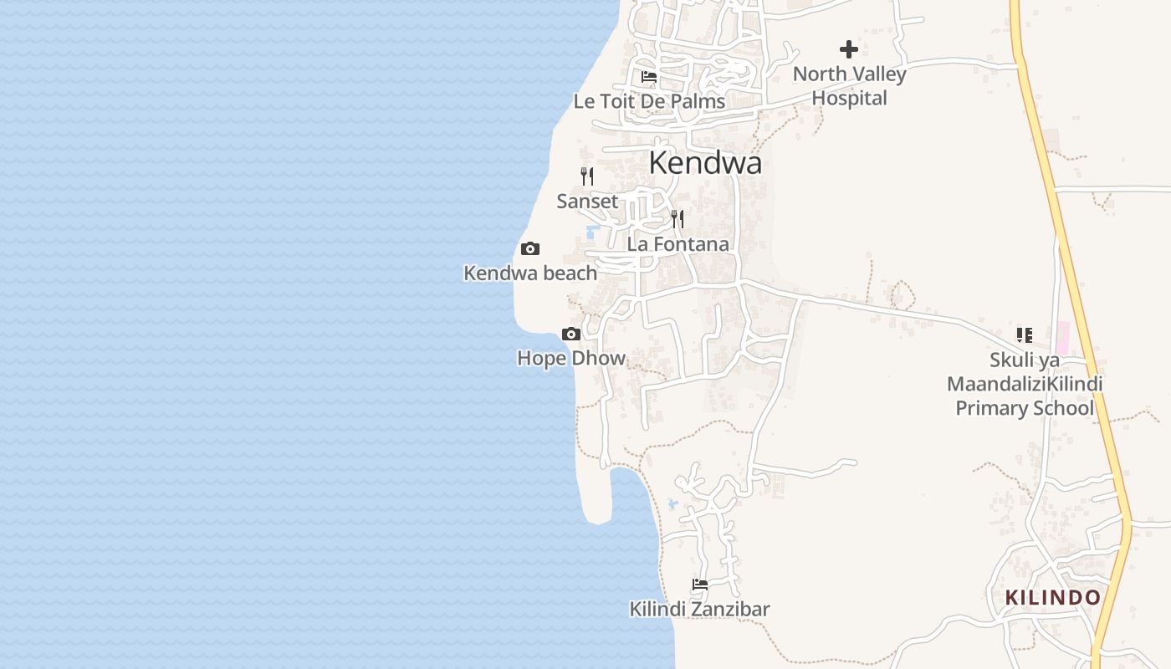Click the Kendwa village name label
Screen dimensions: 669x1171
705,162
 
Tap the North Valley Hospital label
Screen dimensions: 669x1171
849,86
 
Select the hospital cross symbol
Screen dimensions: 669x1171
849,49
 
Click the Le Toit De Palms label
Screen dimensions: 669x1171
649,101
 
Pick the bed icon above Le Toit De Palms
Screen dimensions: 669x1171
649,77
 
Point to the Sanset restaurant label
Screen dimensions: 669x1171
587,201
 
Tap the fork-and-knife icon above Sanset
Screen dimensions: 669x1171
587,176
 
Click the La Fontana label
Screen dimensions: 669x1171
678,244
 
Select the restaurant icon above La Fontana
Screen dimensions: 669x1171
678,219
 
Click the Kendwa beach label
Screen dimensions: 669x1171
530,273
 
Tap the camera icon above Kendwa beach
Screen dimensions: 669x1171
530,248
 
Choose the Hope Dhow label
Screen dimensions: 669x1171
571,358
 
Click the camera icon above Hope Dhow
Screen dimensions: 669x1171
571,334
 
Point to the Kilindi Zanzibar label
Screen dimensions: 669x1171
699,609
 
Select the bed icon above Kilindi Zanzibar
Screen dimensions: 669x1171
700,585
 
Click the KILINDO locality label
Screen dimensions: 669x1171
1052,597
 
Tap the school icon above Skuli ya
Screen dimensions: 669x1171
1025,335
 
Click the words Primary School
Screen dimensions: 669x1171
1025,408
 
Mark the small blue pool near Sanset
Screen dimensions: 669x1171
593,231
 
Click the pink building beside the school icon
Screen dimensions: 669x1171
1062,338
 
